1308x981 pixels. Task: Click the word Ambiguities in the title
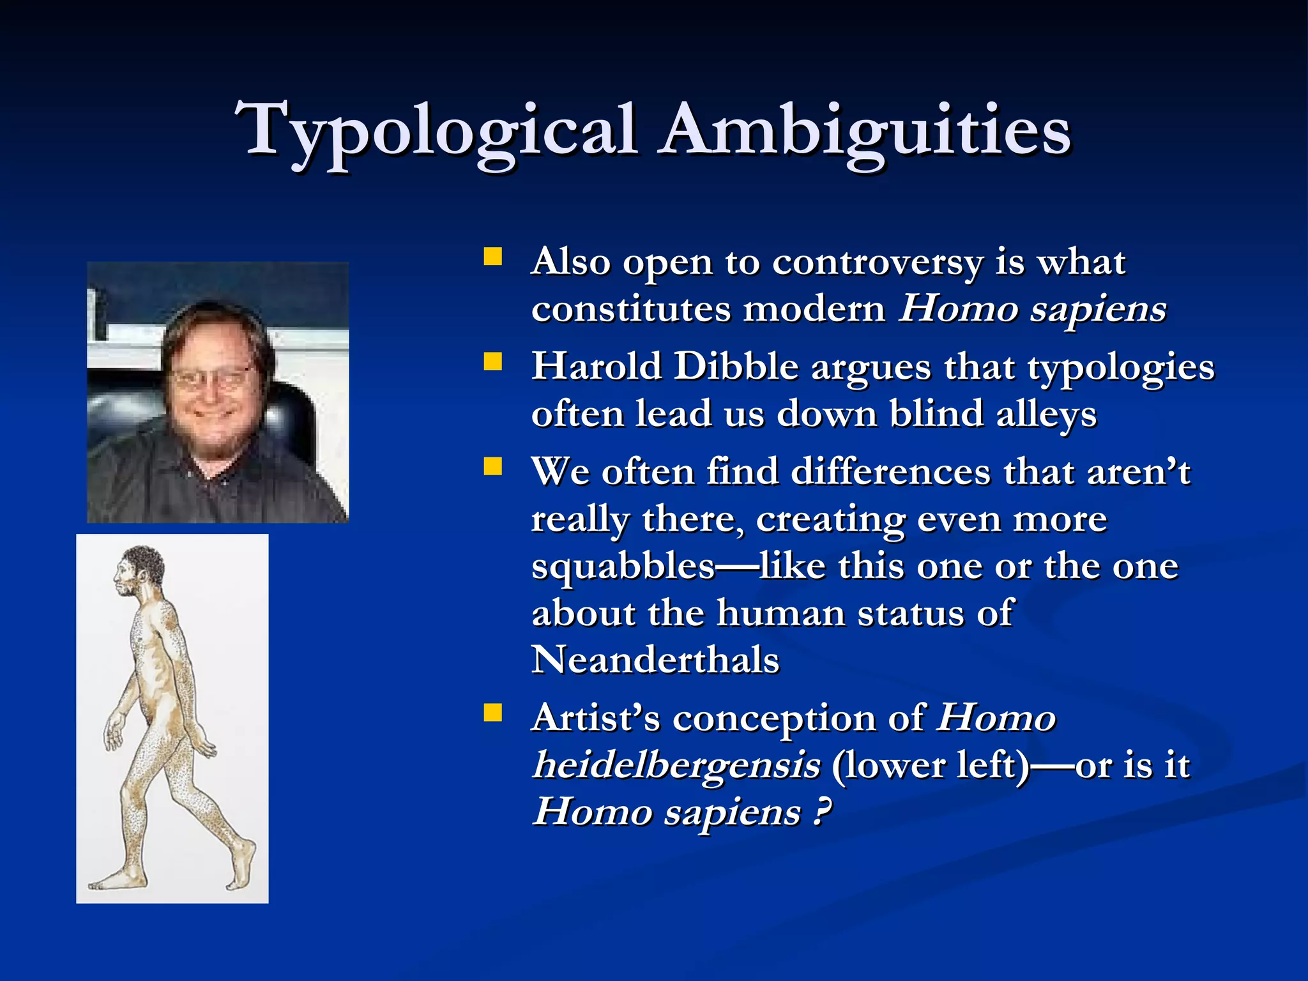coord(865,131)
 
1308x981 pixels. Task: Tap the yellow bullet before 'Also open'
coord(492,257)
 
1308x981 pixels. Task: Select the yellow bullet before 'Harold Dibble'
coord(492,362)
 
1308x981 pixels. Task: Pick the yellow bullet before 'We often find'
coord(492,467)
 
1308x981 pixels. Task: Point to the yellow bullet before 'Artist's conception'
coord(492,713)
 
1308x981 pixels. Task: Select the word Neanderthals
coord(655,660)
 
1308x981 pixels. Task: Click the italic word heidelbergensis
coord(676,766)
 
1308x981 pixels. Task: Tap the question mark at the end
coord(822,812)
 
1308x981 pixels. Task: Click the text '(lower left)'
coord(930,766)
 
